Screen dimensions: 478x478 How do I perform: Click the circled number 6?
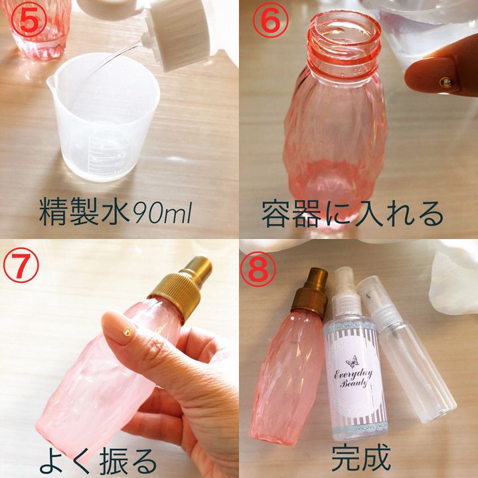[x=270, y=20]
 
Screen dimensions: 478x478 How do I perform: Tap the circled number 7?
[x=21, y=265]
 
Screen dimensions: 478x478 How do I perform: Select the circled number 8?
[x=258, y=270]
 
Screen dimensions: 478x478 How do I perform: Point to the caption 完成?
[x=361, y=457]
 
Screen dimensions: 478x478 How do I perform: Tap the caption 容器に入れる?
[x=353, y=213]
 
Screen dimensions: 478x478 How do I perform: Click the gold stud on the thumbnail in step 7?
[x=127, y=333]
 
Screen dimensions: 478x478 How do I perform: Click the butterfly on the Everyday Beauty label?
[x=353, y=362]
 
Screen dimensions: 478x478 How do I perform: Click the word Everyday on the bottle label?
[x=354, y=374]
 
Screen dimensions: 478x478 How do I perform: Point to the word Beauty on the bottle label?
[x=354, y=382]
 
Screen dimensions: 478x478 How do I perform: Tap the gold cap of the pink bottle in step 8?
[x=309, y=291]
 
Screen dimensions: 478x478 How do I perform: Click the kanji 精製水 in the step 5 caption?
[x=85, y=212]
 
